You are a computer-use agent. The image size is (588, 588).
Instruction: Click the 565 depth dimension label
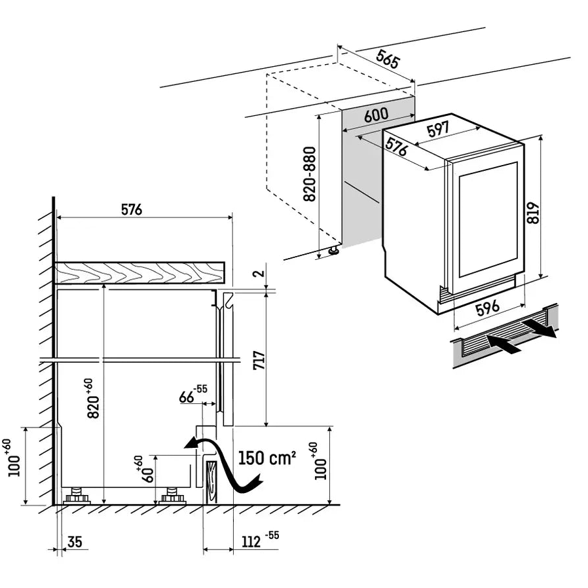[388, 59]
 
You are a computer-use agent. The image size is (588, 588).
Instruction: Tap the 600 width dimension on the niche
[376, 115]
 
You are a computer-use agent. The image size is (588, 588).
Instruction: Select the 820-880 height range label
[309, 174]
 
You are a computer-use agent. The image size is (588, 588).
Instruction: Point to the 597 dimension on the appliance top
[438, 130]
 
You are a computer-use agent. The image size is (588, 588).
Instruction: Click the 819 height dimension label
[532, 213]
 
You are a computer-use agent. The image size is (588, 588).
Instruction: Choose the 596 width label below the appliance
[488, 308]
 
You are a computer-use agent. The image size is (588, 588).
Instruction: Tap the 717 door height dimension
[259, 360]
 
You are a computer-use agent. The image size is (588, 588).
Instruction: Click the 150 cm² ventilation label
[267, 458]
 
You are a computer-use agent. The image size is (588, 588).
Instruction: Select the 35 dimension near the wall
[75, 542]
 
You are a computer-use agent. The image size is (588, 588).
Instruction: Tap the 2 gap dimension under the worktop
[259, 273]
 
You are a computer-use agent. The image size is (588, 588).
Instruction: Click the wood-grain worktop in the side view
[139, 272]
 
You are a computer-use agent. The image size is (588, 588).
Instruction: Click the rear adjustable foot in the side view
[77, 496]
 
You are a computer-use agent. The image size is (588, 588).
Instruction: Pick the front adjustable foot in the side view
[173, 496]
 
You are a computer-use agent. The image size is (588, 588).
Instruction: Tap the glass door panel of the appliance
[488, 219]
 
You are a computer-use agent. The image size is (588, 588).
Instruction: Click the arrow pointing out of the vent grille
[539, 327]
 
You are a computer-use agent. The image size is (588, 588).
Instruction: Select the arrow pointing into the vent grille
[504, 344]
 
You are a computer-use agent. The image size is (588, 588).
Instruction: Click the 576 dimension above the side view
[132, 210]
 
